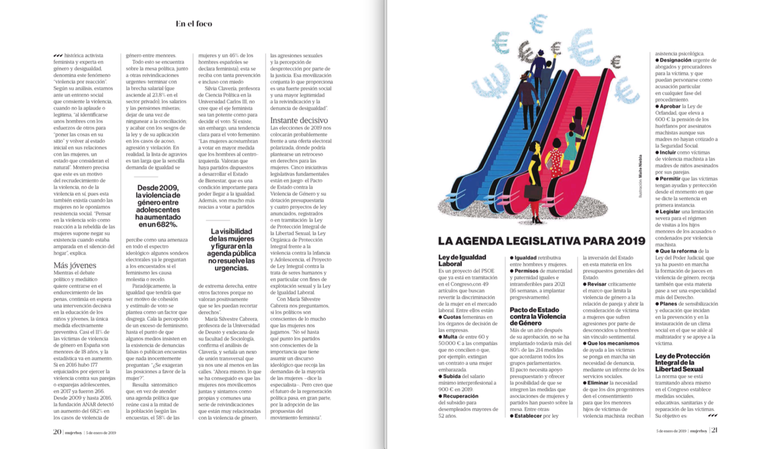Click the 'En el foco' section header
pyautogui.click(x=194, y=24)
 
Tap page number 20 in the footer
pyautogui.click(x=57, y=432)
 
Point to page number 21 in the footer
pyautogui.click(x=714, y=430)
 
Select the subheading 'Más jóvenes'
pyautogui.click(x=75, y=265)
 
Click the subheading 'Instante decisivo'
pyautogui.click(x=299, y=120)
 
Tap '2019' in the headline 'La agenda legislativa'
pyautogui.click(x=631, y=241)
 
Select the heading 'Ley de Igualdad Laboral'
pyautogui.click(x=462, y=260)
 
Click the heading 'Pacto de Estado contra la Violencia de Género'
pyautogui.click(x=537, y=316)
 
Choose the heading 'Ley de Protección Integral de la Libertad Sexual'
pyautogui.click(x=682, y=362)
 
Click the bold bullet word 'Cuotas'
pyautogui.click(x=452, y=317)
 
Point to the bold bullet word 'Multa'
pyautogui.click(x=450, y=337)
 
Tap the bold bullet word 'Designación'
pyautogui.click(x=675, y=60)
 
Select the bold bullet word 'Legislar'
pyautogui.click(x=669, y=212)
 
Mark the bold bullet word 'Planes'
pyautogui.click(x=668, y=304)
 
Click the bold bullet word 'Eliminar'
pyautogui.click(x=597, y=383)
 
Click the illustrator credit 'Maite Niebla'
pyautogui.click(x=640, y=166)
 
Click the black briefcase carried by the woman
pyautogui.click(x=533, y=191)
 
